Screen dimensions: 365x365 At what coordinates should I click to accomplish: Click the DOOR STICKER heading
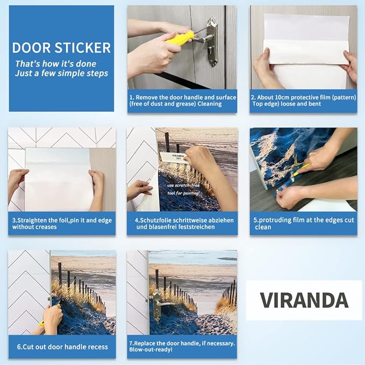pyautogui.click(x=61, y=47)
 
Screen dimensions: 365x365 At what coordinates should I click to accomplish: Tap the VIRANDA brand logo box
pyautogui.click(x=304, y=300)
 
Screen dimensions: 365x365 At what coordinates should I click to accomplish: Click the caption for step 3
pyautogui.click(x=61, y=223)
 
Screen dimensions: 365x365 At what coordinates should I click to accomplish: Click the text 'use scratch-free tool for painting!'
pyautogui.click(x=182, y=188)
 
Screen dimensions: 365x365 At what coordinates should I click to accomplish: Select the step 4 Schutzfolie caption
pyautogui.click(x=182, y=223)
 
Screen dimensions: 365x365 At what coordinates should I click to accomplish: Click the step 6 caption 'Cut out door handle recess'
pyautogui.click(x=61, y=347)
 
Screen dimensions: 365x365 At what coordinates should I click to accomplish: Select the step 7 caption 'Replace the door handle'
pyautogui.click(x=182, y=342)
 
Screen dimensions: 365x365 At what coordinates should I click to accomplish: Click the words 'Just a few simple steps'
pyautogui.click(x=61, y=73)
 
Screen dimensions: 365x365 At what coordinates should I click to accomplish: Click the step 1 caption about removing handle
pyautogui.click(x=182, y=101)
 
